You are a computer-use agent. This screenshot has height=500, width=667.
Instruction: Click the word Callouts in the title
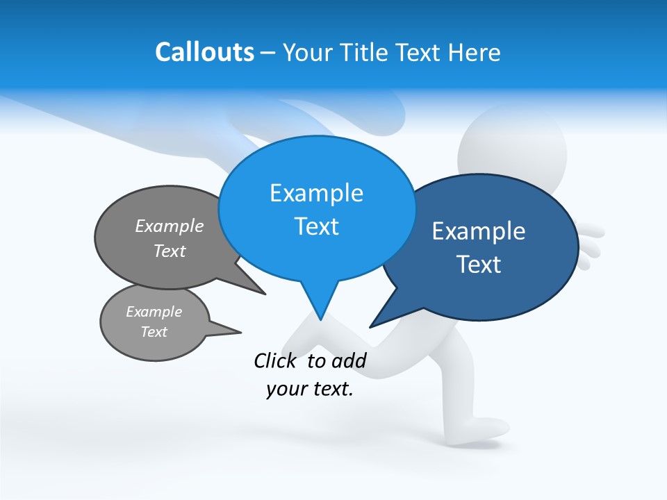[204, 52]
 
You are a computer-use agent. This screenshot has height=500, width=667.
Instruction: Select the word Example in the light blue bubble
[316, 193]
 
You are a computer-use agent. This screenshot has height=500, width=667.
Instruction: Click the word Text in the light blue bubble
[316, 226]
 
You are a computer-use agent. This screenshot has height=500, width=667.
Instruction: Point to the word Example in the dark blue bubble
[479, 231]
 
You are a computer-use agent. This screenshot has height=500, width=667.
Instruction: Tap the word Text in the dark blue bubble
[479, 265]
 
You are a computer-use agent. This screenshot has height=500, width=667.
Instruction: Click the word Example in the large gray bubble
[170, 226]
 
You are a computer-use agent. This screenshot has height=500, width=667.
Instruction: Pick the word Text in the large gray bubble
[170, 251]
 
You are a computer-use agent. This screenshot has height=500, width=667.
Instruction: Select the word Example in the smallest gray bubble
[154, 312]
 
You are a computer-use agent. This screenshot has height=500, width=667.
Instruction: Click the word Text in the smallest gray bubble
[154, 332]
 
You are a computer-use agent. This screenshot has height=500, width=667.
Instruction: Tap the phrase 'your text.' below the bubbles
[309, 389]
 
